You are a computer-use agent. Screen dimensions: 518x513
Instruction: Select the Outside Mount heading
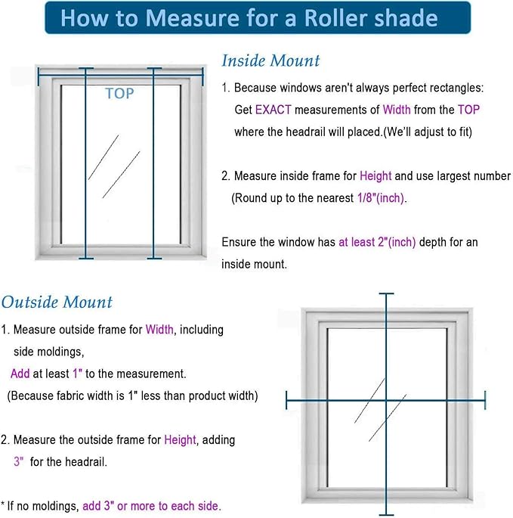coord(57,302)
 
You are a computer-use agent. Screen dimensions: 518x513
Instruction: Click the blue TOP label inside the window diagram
coord(120,94)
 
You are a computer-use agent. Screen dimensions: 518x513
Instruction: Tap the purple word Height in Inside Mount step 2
coord(375,176)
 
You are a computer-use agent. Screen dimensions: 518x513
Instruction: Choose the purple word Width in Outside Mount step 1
coord(159,330)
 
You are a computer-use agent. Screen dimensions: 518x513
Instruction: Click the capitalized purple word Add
coord(20,374)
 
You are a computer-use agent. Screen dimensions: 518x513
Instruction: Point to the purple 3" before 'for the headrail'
coord(19,461)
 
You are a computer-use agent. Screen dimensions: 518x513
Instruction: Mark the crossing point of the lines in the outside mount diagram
coord(388,400)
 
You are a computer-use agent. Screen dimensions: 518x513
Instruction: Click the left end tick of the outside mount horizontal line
coord(287,400)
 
